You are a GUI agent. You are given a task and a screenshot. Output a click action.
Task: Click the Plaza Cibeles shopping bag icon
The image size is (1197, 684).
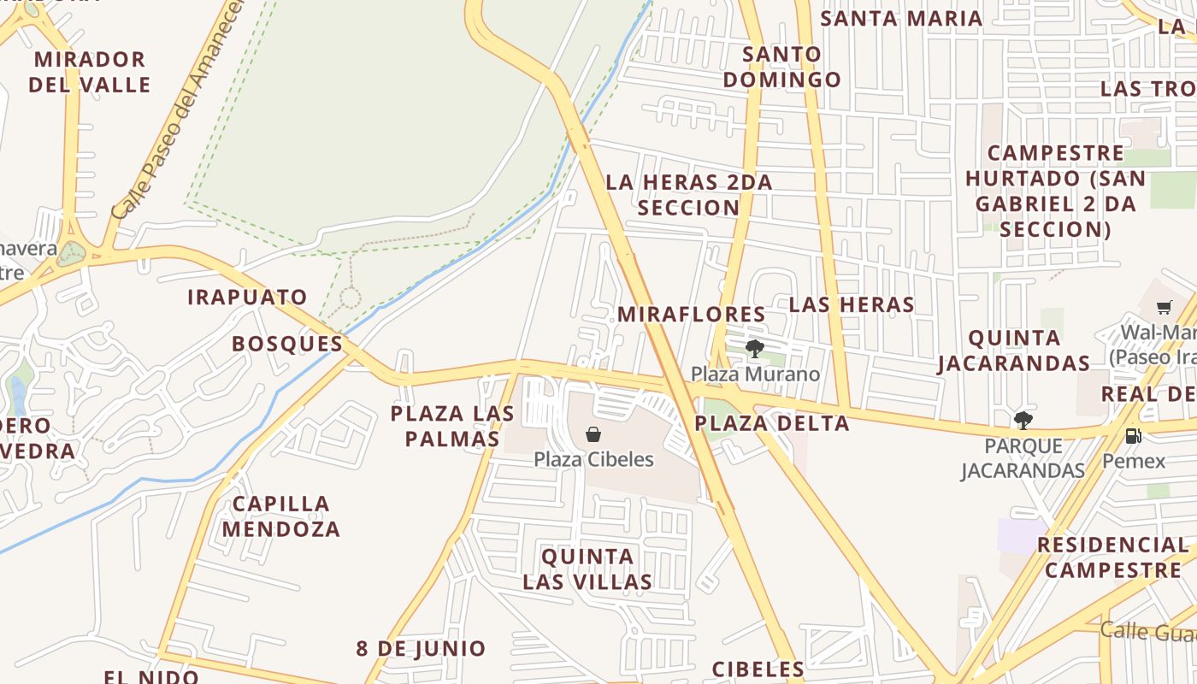point(593,434)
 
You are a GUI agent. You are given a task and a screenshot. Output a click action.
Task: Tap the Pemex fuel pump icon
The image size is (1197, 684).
point(1133,436)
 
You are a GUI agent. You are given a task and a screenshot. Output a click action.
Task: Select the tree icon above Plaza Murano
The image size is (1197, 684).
point(754,348)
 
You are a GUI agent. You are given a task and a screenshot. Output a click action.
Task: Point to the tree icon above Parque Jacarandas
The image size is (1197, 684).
point(1023,420)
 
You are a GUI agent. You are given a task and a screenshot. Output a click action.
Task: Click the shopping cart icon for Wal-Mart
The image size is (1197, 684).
point(1164,307)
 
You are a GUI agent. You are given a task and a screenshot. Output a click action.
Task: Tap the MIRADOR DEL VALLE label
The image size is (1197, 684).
point(89,72)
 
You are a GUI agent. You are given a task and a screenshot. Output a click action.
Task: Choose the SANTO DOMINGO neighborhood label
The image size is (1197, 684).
point(781,67)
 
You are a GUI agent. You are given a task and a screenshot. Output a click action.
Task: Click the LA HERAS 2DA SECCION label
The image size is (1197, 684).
point(688,195)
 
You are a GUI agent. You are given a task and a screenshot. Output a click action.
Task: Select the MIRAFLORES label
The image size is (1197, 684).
point(691,314)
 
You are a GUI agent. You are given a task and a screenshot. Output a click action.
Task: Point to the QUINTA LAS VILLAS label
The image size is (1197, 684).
point(587,569)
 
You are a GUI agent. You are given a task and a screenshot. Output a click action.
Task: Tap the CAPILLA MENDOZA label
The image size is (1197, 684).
point(280,516)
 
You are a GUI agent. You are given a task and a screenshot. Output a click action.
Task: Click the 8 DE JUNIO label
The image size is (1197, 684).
point(421,648)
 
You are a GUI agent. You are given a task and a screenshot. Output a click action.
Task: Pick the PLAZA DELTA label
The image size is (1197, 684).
point(771,423)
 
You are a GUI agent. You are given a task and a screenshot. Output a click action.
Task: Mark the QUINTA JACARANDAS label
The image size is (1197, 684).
point(1014,351)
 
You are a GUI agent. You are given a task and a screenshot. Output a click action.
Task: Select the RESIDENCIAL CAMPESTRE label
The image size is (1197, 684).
point(1112,557)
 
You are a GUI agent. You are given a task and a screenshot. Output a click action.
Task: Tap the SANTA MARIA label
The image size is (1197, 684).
point(901,18)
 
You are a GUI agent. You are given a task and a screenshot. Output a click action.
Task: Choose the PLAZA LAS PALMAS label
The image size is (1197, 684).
point(452,426)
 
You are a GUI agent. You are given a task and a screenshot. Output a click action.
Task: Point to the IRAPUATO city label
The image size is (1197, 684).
point(247,298)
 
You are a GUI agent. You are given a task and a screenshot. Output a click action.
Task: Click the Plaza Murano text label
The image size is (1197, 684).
point(755,374)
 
